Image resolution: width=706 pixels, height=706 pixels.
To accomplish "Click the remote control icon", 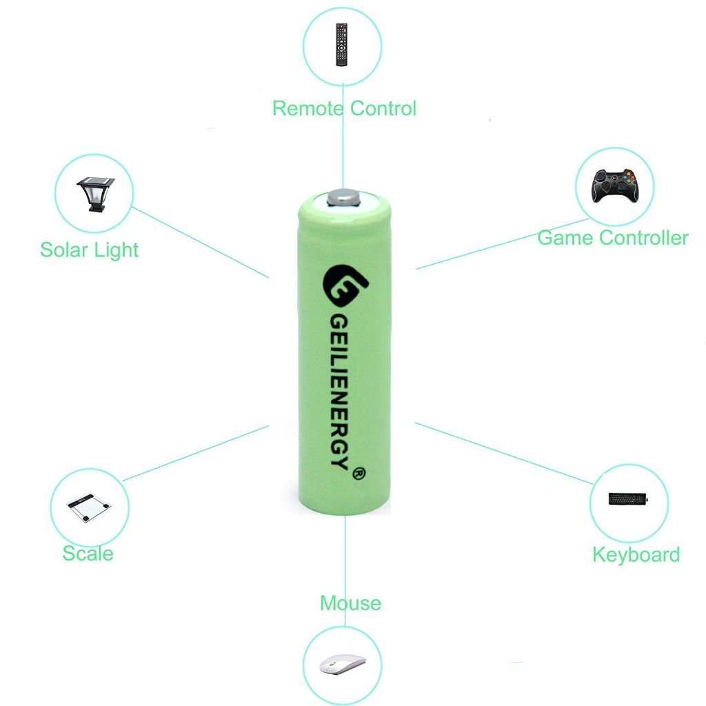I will (342, 44).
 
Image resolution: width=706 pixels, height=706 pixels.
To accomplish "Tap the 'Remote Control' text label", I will (344, 108).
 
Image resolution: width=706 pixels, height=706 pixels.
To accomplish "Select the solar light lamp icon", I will (95, 194).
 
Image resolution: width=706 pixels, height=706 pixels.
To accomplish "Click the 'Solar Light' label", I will (90, 250).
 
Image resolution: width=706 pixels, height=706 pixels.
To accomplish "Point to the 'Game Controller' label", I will (612, 238).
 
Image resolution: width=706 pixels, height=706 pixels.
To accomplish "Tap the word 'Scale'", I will (88, 553).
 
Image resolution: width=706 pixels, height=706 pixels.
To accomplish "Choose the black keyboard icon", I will (628, 499).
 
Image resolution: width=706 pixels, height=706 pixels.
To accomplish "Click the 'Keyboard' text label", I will (636, 555).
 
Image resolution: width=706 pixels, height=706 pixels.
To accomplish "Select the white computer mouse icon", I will (342, 665).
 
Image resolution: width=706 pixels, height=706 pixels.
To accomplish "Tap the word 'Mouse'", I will (350, 603).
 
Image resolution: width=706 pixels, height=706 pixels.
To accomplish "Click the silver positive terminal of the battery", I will (345, 198).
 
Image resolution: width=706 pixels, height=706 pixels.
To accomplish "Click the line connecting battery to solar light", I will (200, 241).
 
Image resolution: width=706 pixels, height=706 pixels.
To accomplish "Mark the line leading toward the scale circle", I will (196, 453).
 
